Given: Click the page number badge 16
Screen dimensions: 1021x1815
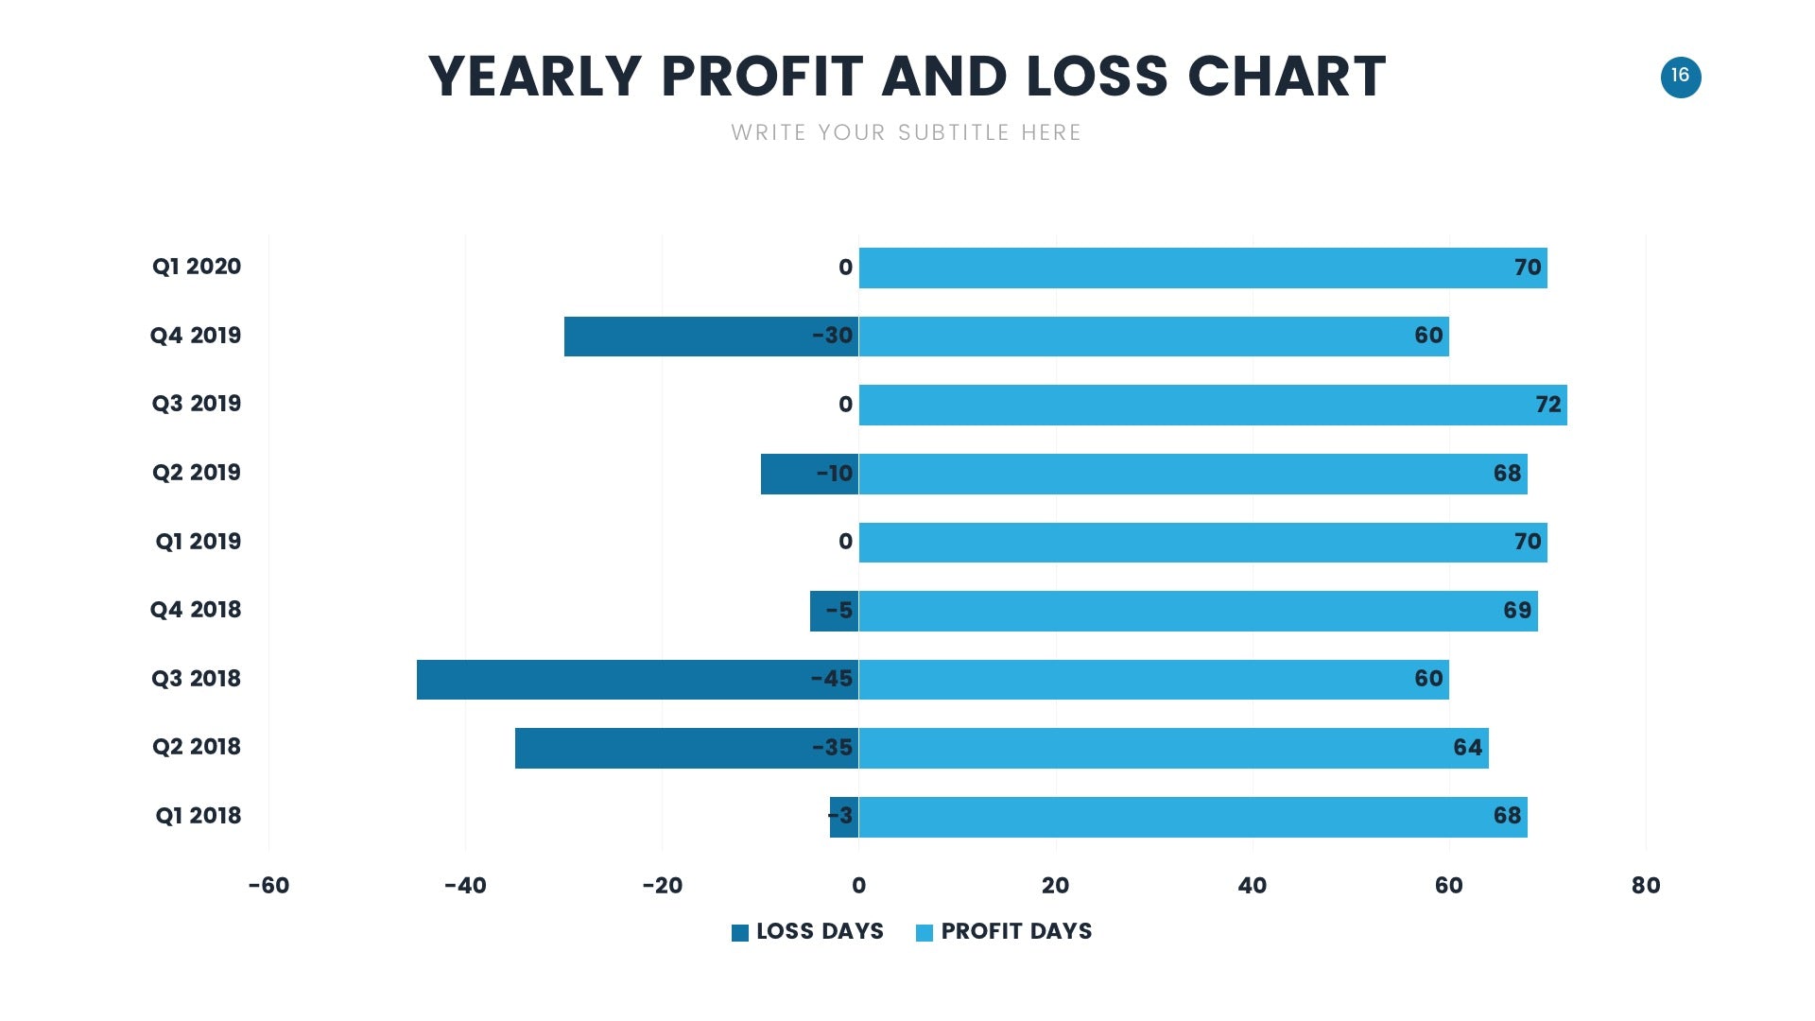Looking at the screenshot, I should [x=1680, y=77].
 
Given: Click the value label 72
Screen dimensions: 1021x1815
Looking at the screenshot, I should [x=1547, y=405].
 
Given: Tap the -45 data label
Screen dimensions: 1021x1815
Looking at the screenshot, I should [x=832, y=679].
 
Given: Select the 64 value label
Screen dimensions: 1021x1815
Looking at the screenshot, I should [x=1467, y=748].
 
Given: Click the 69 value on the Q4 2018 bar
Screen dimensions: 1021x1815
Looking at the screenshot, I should [x=1516, y=611].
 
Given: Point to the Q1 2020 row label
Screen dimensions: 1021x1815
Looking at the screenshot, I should [x=197, y=267].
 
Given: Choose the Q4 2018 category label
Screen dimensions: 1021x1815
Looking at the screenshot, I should [x=196, y=610].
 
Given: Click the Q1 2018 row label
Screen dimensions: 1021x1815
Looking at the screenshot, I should [x=198, y=816].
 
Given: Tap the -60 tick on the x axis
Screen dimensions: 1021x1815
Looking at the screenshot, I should [x=268, y=886].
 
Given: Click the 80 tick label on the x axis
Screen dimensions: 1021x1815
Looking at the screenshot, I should [x=1645, y=886].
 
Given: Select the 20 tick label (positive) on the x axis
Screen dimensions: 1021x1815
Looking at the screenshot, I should [x=1055, y=886].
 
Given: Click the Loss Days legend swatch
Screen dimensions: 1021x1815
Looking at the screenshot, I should [x=740, y=933].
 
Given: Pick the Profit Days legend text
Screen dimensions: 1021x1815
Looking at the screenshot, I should [x=1016, y=932].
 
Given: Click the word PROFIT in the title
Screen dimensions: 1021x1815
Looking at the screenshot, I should [x=762, y=77].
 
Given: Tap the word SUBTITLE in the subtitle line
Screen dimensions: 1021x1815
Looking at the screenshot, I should [x=954, y=132].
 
